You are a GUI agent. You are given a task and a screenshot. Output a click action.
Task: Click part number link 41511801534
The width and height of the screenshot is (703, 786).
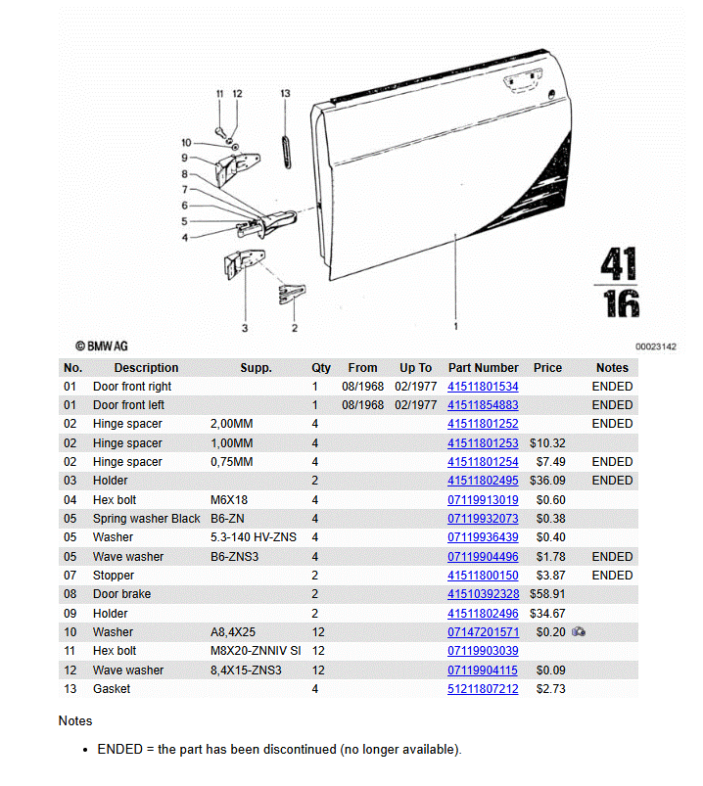point(483,387)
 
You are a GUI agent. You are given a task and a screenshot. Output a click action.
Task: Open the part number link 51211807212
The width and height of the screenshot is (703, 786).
point(483,689)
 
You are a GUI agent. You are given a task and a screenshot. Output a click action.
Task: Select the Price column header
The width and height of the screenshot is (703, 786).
point(547,367)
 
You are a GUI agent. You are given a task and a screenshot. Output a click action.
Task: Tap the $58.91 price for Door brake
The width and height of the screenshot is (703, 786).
point(547,594)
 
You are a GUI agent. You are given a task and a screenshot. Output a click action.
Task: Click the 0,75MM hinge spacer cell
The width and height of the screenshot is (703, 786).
point(231,462)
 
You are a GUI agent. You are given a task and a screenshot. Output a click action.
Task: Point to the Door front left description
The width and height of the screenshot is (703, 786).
point(128,405)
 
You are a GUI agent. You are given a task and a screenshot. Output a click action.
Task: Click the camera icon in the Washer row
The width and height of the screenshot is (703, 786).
point(578,631)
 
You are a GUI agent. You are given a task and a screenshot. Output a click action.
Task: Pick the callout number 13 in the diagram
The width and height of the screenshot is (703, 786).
point(285,94)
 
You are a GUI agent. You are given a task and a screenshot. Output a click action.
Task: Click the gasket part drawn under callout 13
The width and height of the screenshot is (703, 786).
point(286,152)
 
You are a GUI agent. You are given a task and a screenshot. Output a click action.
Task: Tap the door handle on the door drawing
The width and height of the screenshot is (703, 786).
point(523,80)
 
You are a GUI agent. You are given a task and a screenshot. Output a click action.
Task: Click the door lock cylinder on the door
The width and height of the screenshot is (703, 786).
point(551,94)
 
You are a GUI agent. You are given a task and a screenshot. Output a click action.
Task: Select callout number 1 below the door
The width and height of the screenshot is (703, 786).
point(455,326)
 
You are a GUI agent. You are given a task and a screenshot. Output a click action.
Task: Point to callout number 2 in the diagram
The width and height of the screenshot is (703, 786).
point(295,328)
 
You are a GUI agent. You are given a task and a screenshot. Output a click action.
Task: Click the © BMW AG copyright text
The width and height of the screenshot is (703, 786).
point(101,346)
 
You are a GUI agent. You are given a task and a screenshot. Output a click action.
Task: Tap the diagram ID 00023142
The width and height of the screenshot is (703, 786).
point(655,347)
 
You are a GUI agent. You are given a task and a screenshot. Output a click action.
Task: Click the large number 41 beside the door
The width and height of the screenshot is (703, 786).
point(619,263)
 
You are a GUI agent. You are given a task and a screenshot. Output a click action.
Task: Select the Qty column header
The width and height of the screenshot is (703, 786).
point(321,367)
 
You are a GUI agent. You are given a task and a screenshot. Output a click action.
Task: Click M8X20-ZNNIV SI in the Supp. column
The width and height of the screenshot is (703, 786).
point(256,651)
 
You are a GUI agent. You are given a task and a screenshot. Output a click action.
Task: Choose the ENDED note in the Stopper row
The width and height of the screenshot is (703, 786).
point(612,576)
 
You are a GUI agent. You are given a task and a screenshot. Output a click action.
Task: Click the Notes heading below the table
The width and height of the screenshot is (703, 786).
point(75,720)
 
